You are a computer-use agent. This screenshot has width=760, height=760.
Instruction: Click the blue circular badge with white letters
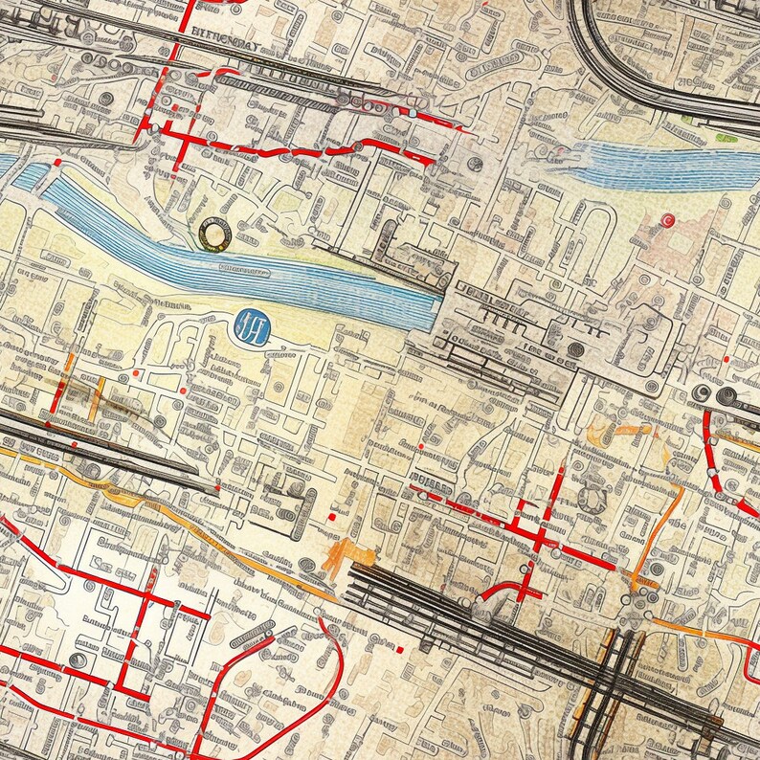(252, 327)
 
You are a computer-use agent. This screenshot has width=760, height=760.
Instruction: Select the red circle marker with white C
(668, 220)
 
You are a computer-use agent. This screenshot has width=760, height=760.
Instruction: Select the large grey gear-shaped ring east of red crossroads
(594, 497)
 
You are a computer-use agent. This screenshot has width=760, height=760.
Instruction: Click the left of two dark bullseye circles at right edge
(703, 393)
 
